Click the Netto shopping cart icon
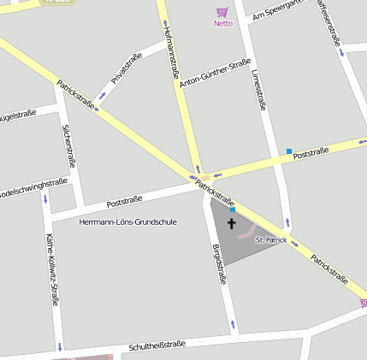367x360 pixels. pyautogui.click(x=222, y=12)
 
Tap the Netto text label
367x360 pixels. pyautogui.click(x=222, y=23)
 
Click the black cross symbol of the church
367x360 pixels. pyautogui.click(x=231, y=223)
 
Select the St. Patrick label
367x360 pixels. pyautogui.click(x=270, y=240)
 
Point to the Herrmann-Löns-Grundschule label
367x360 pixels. pyautogui.click(x=127, y=221)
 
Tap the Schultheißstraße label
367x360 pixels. pyautogui.click(x=157, y=345)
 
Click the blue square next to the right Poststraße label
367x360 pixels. pyautogui.click(x=289, y=151)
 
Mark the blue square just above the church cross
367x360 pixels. pyautogui.click(x=232, y=209)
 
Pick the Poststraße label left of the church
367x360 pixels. pyautogui.click(x=124, y=202)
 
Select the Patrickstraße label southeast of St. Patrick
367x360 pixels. pyautogui.click(x=329, y=269)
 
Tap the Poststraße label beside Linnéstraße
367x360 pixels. pyautogui.click(x=311, y=152)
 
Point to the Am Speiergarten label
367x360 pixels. pyautogui.click(x=275, y=11)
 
